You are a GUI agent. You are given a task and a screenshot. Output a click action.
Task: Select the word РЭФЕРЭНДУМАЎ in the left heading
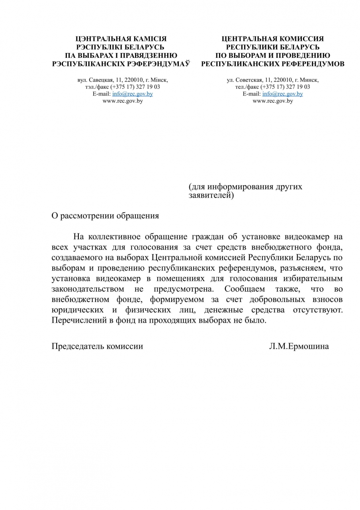161,64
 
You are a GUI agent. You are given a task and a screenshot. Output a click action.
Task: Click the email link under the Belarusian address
133,94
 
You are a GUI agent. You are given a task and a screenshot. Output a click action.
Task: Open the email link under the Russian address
283,94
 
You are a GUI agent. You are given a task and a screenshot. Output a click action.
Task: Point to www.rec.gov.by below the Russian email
273,101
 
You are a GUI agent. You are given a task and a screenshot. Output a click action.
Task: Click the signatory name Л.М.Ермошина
299,346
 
